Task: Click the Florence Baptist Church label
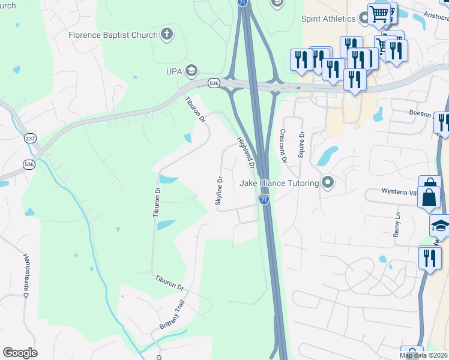tap(113, 35)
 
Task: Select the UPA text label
tap(175, 71)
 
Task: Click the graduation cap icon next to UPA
tap(191, 71)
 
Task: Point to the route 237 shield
tap(30, 139)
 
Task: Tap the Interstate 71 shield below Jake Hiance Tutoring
tap(264, 198)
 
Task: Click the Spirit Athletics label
tap(329, 19)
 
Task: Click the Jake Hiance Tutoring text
tap(280, 183)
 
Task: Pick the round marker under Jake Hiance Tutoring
tap(327, 182)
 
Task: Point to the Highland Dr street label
tap(247, 153)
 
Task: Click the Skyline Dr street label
tap(220, 191)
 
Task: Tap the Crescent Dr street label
tap(283, 146)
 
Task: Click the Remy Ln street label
tap(397, 224)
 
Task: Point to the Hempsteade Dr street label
tap(26, 275)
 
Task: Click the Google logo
tap(20, 353)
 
